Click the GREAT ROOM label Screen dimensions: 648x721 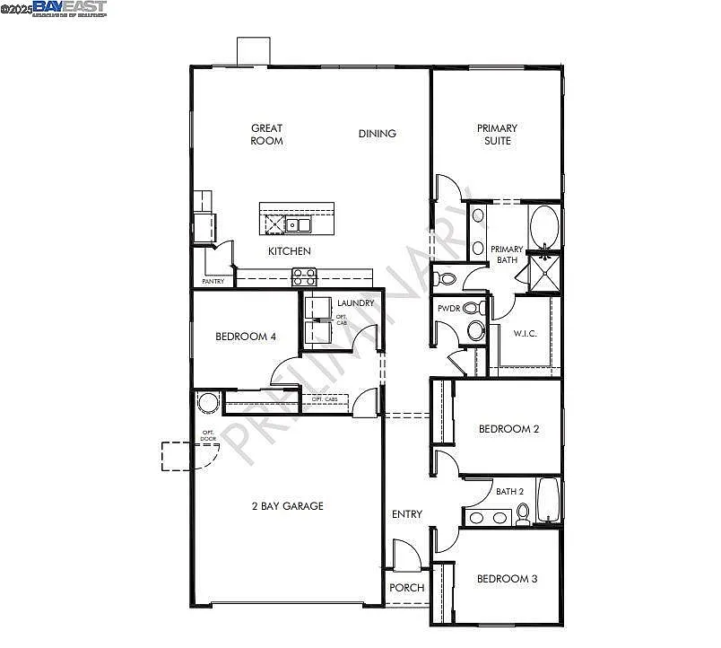pyautogui.click(x=266, y=135)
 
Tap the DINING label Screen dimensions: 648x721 pyautogui.click(x=377, y=134)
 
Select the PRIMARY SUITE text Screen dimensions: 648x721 pyautogui.click(x=496, y=135)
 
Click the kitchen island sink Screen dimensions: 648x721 pyautogui.click(x=297, y=224)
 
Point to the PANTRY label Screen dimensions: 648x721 pyautogui.click(x=213, y=282)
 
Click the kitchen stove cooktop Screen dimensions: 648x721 pyautogui.click(x=303, y=276)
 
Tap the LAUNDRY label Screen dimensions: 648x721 pyautogui.click(x=355, y=303)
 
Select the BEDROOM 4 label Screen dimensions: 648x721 pyautogui.click(x=245, y=337)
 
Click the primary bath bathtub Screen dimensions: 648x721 pyautogui.click(x=543, y=225)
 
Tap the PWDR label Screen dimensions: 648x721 pyautogui.click(x=448, y=309)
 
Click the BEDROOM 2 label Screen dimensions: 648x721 pyautogui.click(x=508, y=429)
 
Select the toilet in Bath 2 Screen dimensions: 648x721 pyautogui.click(x=522, y=514)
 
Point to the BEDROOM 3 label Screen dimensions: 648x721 pyautogui.click(x=507, y=579)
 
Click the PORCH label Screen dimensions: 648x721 pyautogui.click(x=406, y=588)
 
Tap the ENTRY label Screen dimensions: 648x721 pyautogui.click(x=406, y=514)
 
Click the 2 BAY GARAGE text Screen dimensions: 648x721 pyautogui.click(x=287, y=506)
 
